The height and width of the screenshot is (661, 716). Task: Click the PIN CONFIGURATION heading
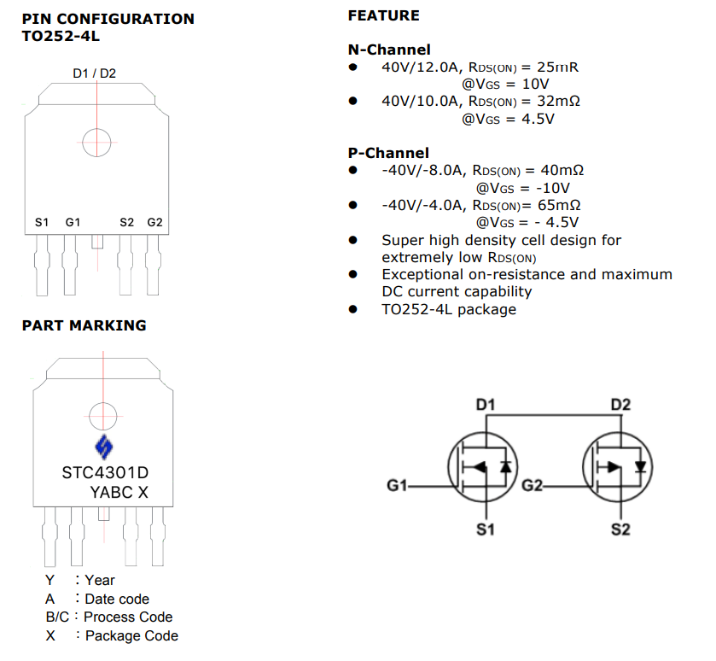[x=108, y=19]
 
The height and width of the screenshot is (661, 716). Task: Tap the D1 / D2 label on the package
[x=95, y=73]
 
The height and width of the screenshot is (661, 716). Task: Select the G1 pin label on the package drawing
[x=73, y=222]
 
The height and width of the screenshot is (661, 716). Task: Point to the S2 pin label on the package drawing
[x=127, y=222]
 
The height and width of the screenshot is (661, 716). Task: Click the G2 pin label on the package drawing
[x=154, y=222]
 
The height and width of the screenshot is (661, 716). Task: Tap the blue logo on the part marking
[x=103, y=446]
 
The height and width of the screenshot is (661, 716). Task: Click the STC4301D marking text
[x=106, y=472]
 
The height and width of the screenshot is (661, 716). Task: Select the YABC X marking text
[x=119, y=492]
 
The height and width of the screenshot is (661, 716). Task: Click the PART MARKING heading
[x=84, y=325]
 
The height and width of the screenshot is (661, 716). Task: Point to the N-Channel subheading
[x=389, y=50]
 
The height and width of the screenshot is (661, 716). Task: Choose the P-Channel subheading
[x=388, y=153]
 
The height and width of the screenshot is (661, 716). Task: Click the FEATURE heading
[x=383, y=15]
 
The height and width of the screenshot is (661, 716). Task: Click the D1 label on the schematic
[x=486, y=403]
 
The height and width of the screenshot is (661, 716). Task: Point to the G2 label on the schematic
[x=533, y=485]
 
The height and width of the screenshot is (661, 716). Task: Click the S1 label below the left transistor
[x=485, y=530]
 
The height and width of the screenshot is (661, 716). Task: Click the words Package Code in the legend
[x=131, y=635]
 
